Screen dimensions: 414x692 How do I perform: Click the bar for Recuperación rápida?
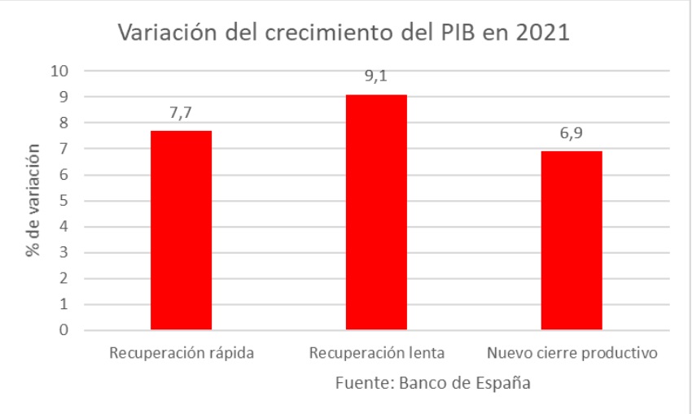(x=181, y=230)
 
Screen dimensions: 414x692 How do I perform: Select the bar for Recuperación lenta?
(x=376, y=212)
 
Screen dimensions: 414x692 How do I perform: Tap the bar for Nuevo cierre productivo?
(x=572, y=241)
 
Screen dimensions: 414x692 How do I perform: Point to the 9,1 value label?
(x=376, y=76)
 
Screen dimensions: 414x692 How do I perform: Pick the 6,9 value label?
(x=572, y=133)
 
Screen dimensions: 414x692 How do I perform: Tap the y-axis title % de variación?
(x=33, y=200)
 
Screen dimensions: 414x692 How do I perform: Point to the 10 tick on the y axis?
(x=59, y=71)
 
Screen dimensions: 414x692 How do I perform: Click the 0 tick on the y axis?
(x=64, y=331)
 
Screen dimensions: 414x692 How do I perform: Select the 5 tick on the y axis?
(x=64, y=201)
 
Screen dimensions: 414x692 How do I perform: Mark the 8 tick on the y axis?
(x=64, y=123)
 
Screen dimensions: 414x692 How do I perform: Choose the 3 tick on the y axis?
(x=64, y=253)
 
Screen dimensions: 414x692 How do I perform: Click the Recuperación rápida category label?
(x=181, y=354)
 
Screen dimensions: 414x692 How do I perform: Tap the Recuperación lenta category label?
(x=376, y=354)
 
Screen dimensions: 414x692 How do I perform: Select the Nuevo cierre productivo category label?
(x=572, y=354)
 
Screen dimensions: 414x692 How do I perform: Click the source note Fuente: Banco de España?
(x=431, y=383)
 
